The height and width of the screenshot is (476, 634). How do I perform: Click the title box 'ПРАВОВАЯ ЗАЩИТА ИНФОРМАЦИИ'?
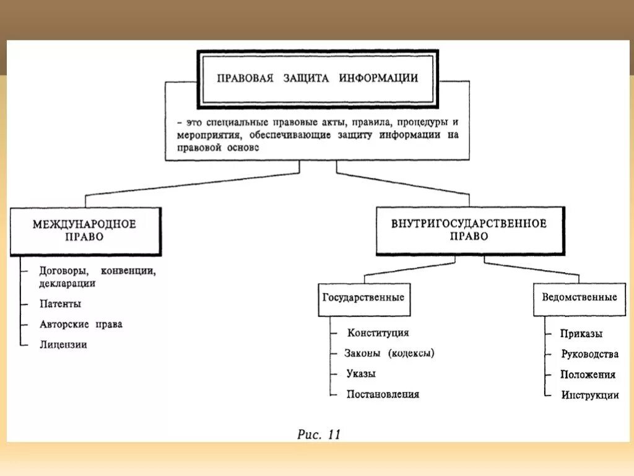pos(317,79)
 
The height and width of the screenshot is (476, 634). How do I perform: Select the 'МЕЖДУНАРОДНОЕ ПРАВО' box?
pos(85,231)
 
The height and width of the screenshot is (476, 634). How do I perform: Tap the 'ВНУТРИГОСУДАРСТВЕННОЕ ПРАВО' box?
pos(469,230)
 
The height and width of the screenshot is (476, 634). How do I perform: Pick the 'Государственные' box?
pos(363,297)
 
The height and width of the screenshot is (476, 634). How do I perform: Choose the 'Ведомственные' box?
pos(579,297)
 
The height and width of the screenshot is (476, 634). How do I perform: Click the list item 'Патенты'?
pos(60,304)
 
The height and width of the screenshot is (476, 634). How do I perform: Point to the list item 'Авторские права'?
pos(80,324)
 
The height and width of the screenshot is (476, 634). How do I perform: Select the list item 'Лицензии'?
pos(63,345)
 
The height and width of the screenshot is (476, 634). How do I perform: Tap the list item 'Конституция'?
pos(378,333)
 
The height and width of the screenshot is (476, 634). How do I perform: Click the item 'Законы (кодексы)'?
pos(389,353)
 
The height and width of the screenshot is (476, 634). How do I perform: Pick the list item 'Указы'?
pos(361,374)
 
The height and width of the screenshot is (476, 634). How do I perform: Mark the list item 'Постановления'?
pos(383,394)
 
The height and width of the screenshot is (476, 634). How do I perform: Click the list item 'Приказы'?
pos(581,333)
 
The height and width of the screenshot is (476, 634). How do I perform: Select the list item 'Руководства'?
pos(589,355)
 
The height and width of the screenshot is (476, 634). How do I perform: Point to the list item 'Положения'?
pos(588,374)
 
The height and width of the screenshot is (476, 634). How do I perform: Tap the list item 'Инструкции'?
pos(590,395)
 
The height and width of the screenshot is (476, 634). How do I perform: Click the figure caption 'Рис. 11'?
pos(319,434)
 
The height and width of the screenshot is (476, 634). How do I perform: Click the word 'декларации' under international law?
pos(67,283)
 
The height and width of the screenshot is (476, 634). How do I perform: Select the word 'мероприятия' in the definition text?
pos(203,135)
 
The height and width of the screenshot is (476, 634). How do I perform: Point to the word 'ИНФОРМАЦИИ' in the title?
pos(378,79)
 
